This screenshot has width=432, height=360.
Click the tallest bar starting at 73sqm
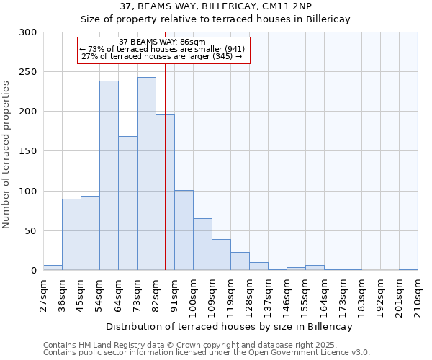pyautogui.click(x=146, y=174)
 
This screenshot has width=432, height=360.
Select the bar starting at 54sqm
pyautogui.click(x=109, y=176)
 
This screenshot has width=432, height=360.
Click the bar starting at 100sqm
pyautogui.click(x=202, y=244)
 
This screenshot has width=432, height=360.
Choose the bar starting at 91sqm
pyautogui.click(x=184, y=230)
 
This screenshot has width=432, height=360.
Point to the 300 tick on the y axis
pyautogui.click(x=28, y=32)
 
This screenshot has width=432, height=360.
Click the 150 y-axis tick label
pyautogui.click(x=28, y=151)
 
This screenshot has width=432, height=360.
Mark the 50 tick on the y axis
pyautogui.click(x=31, y=231)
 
